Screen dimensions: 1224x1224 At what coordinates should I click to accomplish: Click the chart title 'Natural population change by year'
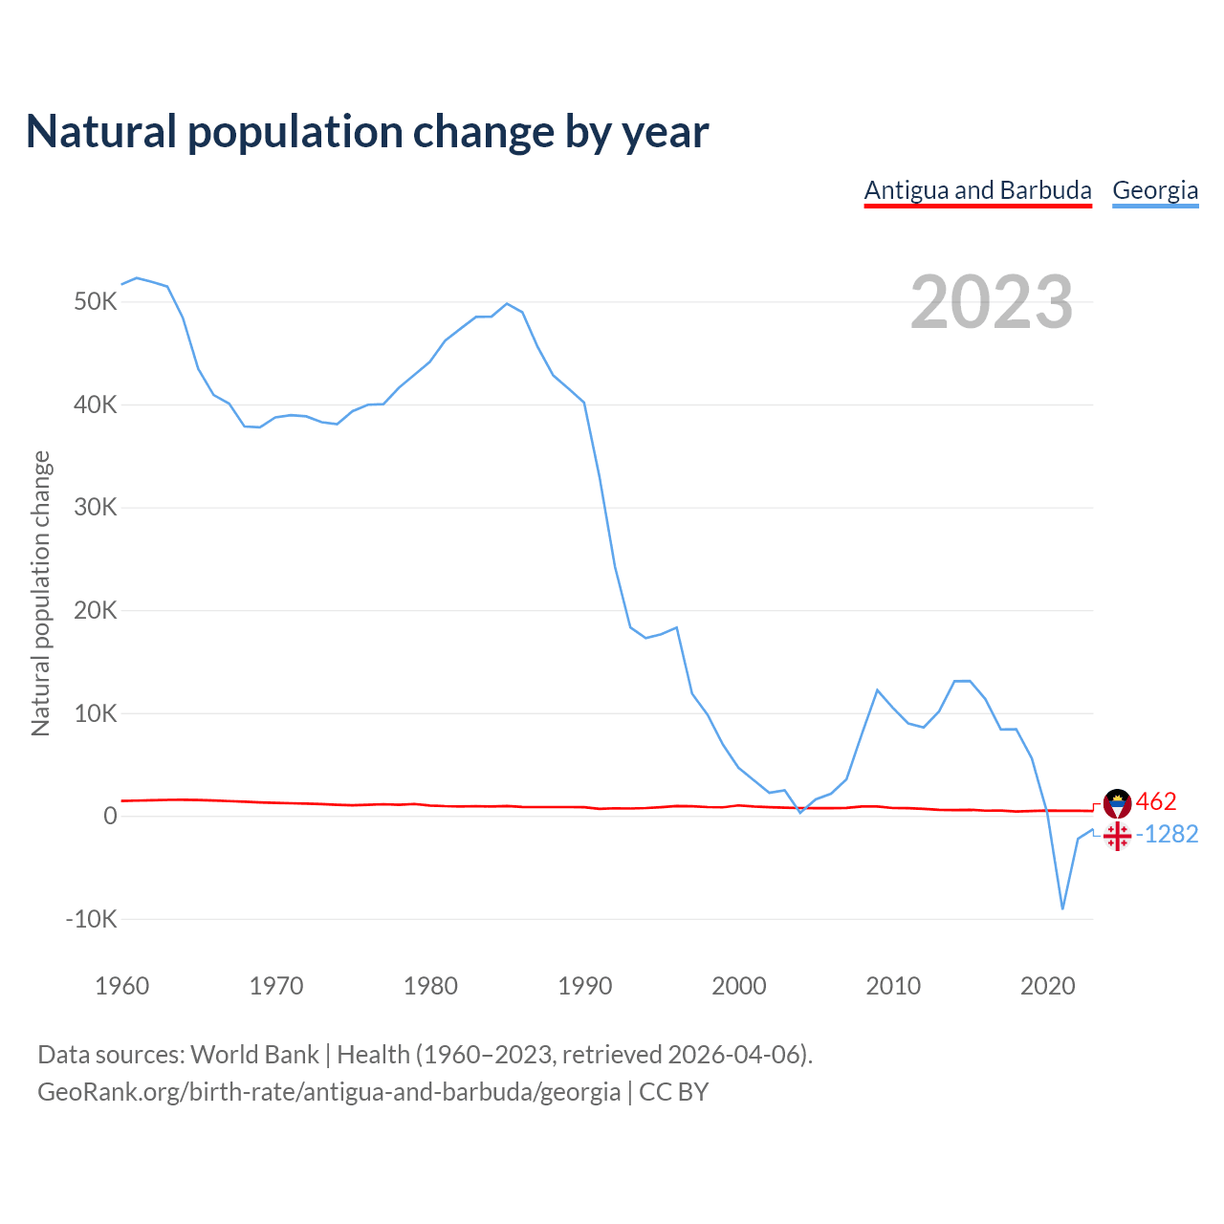click(x=367, y=132)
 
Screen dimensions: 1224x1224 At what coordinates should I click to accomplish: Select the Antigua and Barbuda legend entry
click(x=977, y=190)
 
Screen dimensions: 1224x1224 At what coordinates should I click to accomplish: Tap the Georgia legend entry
click(x=1155, y=190)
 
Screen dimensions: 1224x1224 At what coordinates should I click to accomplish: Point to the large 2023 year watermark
click(x=992, y=302)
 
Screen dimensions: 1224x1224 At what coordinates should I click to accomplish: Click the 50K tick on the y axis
click(x=95, y=302)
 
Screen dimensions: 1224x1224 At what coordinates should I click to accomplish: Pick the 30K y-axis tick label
click(x=95, y=508)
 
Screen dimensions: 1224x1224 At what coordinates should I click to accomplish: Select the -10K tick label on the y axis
click(x=91, y=920)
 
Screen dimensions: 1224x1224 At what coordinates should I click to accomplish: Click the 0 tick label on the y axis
click(x=110, y=817)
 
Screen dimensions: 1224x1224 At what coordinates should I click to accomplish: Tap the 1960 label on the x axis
click(x=122, y=986)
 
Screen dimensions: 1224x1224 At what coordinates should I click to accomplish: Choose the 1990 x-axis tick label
click(x=585, y=986)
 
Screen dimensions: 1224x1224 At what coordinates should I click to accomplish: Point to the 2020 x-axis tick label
click(x=1048, y=986)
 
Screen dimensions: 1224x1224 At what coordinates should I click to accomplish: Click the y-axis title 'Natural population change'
click(x=41, y=594)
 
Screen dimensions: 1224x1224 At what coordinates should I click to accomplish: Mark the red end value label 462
click(x=1156, y=801)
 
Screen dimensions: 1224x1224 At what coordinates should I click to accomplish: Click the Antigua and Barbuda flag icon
click(x=1117, y=803)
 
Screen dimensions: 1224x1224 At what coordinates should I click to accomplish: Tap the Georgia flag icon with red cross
click(x=1117, y=837)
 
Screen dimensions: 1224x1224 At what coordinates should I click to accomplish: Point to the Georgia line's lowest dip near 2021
click(x=1062, y=908)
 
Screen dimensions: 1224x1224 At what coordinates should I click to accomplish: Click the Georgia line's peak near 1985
click(x=507, y=304)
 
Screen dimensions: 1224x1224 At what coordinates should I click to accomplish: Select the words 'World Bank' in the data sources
click(x=254, y=1055)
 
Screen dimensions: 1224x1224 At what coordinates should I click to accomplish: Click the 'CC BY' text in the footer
click(x=673, y=1092)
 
